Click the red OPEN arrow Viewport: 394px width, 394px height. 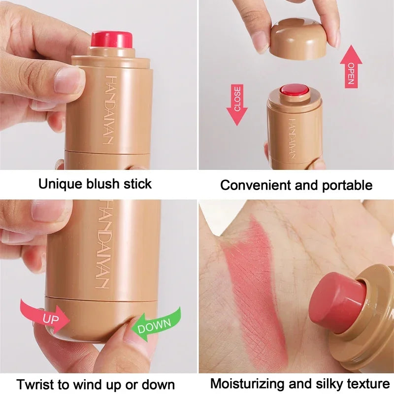point(351,66)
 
